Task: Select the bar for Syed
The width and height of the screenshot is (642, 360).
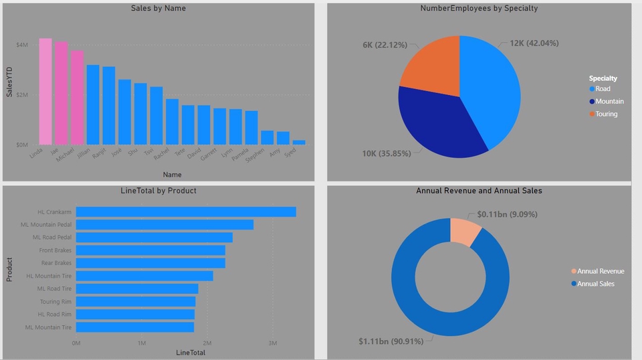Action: tap(299, 142)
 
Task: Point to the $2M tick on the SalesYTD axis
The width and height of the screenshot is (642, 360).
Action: tap(22, 95)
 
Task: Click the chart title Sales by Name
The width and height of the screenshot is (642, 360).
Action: tap(158, 9)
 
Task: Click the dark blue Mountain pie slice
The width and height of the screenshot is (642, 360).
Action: tap(438, 124)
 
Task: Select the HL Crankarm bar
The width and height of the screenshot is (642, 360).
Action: tap(185, 212)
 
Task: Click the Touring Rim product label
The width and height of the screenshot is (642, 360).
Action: tap(56, 302)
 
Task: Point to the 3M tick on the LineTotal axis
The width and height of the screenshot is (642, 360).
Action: tap(272, 343)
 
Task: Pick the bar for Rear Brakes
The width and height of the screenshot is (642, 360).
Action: tap(150, 263)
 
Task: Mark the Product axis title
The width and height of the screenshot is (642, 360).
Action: tap(9, 270)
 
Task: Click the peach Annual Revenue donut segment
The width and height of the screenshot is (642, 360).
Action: tap(464, 231)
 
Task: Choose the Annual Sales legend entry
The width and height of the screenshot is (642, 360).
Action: tap(595, 284)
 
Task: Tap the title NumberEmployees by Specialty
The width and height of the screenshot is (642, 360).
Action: tap(479, 9)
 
